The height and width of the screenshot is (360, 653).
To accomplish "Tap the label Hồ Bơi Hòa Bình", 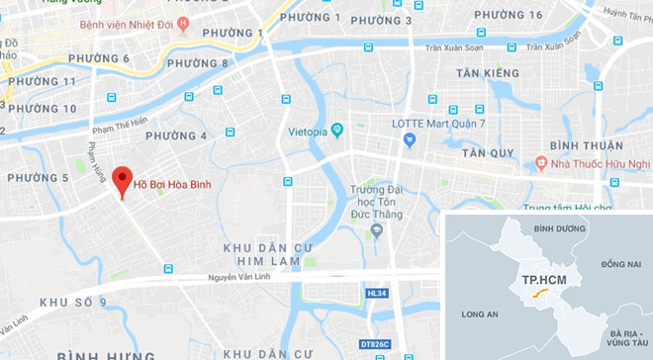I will [173, 184].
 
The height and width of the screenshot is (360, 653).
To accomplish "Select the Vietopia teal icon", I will [336, 129].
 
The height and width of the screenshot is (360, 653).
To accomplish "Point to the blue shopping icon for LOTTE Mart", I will [408, 140].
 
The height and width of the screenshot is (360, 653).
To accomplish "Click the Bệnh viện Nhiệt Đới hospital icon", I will [182, 24].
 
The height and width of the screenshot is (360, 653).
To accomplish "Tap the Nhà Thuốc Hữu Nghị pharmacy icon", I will [541, 162].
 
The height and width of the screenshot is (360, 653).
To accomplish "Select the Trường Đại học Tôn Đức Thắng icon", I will [375, 230].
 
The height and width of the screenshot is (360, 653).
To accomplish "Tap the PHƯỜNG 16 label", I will [509, 14].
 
